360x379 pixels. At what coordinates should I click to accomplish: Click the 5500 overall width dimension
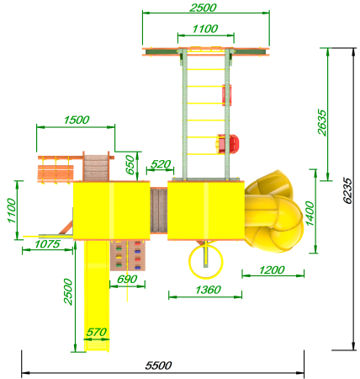[x=158, y=366]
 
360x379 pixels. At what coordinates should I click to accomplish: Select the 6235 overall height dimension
[x=347, y=190]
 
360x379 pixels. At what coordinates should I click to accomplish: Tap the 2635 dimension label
[x=322, y=123]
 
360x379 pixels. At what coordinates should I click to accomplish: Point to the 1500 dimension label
[x=77, y=120]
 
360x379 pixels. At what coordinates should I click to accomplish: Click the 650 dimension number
[x=130, y=164]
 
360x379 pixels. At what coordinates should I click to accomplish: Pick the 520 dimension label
[x=161, y=164]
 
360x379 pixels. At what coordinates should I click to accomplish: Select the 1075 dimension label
[x=47, y=244]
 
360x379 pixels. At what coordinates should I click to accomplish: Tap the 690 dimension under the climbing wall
[x=127, y=279]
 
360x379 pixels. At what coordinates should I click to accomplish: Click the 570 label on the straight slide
[x=97, y=332]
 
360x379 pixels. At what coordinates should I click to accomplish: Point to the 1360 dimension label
[x=208, y=290]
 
